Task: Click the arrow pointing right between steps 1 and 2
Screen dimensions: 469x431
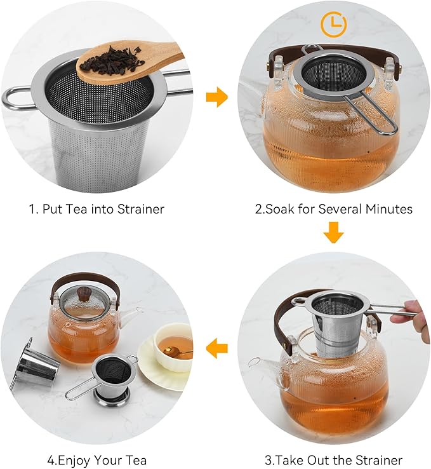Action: coord(217,97)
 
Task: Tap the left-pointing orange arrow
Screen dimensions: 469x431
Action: coord(217,347)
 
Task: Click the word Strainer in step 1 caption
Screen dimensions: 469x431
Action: coord(142,208)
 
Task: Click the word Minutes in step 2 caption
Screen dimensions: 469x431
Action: coord(390,208)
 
